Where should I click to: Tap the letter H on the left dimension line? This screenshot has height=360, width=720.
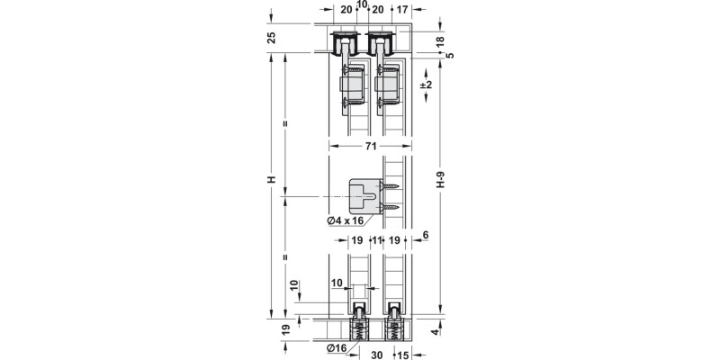point(271,180)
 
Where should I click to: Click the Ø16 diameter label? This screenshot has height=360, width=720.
point(337,347)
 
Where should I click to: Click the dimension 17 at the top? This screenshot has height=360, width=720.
point(402,10)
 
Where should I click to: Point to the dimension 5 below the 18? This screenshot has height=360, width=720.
point(450,55)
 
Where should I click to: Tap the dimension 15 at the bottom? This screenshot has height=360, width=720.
point(403,355)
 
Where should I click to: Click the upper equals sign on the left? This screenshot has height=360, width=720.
point(285,123)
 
